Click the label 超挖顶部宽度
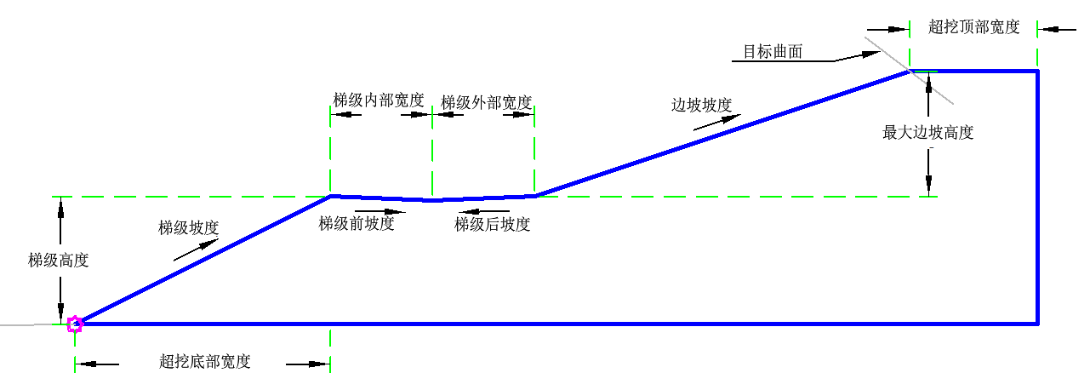point(973,26)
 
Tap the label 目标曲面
point(773,52)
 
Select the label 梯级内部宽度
point(379,100)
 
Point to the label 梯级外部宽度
point(486,103)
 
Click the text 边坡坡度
point(702,106)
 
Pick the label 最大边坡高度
point(928,133)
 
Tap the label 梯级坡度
point(189,228)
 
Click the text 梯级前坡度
point(357,224)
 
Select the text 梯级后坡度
point(492,225)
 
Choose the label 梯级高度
point(59,261)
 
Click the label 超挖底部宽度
point(205,362)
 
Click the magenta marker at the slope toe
point(75,324)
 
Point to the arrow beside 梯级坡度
point(196,249)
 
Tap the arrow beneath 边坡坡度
point(717,123)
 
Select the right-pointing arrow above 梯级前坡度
point(380,212)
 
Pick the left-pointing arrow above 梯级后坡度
point(484,212)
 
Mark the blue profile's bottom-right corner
point(1037,324)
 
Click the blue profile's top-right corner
point(1037,71)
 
